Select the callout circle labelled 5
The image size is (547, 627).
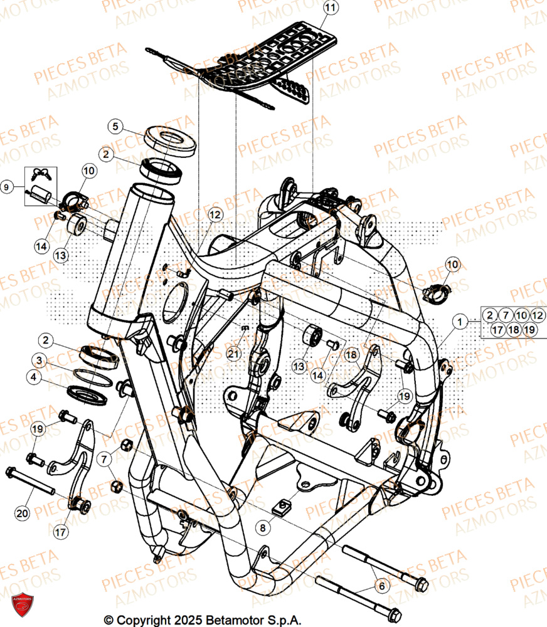click(115, 127)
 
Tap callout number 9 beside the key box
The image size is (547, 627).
click(7, 186)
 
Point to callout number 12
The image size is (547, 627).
click(215, 215)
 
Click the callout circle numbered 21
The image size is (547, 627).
click(234, 354)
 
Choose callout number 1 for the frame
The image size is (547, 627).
click(461, 322)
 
